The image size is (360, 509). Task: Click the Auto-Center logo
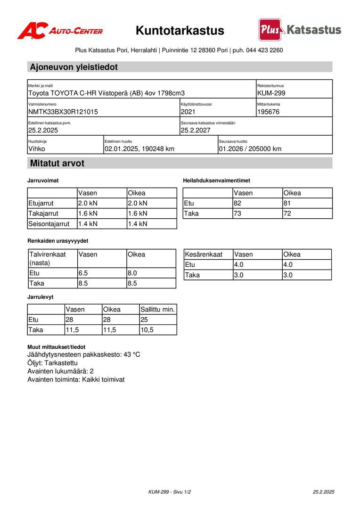(x=60, y=31)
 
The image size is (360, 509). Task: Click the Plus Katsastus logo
(x=300, y=30)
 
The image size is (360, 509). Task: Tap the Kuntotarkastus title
(x=180, y=31)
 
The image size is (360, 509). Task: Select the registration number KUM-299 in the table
(x=271, y=93)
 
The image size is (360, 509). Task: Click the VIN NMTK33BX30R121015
(x=63, y=112)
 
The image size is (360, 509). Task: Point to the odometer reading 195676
(x=269, y=112)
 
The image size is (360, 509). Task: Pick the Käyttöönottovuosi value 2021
(x=188, y=112)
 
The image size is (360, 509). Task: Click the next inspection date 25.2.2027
(x=196, y=131)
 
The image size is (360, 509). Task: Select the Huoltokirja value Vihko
(x=37, y=149)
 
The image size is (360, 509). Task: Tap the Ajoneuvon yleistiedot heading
(x=74, y=67)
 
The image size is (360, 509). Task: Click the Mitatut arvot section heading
(x=57, y=164)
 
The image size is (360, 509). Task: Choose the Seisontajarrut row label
(x=49, y=224)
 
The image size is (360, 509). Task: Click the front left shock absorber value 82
(x=238, y=204)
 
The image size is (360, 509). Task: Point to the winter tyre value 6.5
(x=84, y=273)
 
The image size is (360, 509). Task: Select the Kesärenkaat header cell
(x=204, y=254)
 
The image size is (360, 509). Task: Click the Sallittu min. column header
(x=158, y=310)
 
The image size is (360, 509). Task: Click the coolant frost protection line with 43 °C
(x=84, y=355)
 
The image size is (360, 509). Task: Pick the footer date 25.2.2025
(x=323, y=492)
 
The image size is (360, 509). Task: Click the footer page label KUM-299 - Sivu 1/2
(x=170, y=492)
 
